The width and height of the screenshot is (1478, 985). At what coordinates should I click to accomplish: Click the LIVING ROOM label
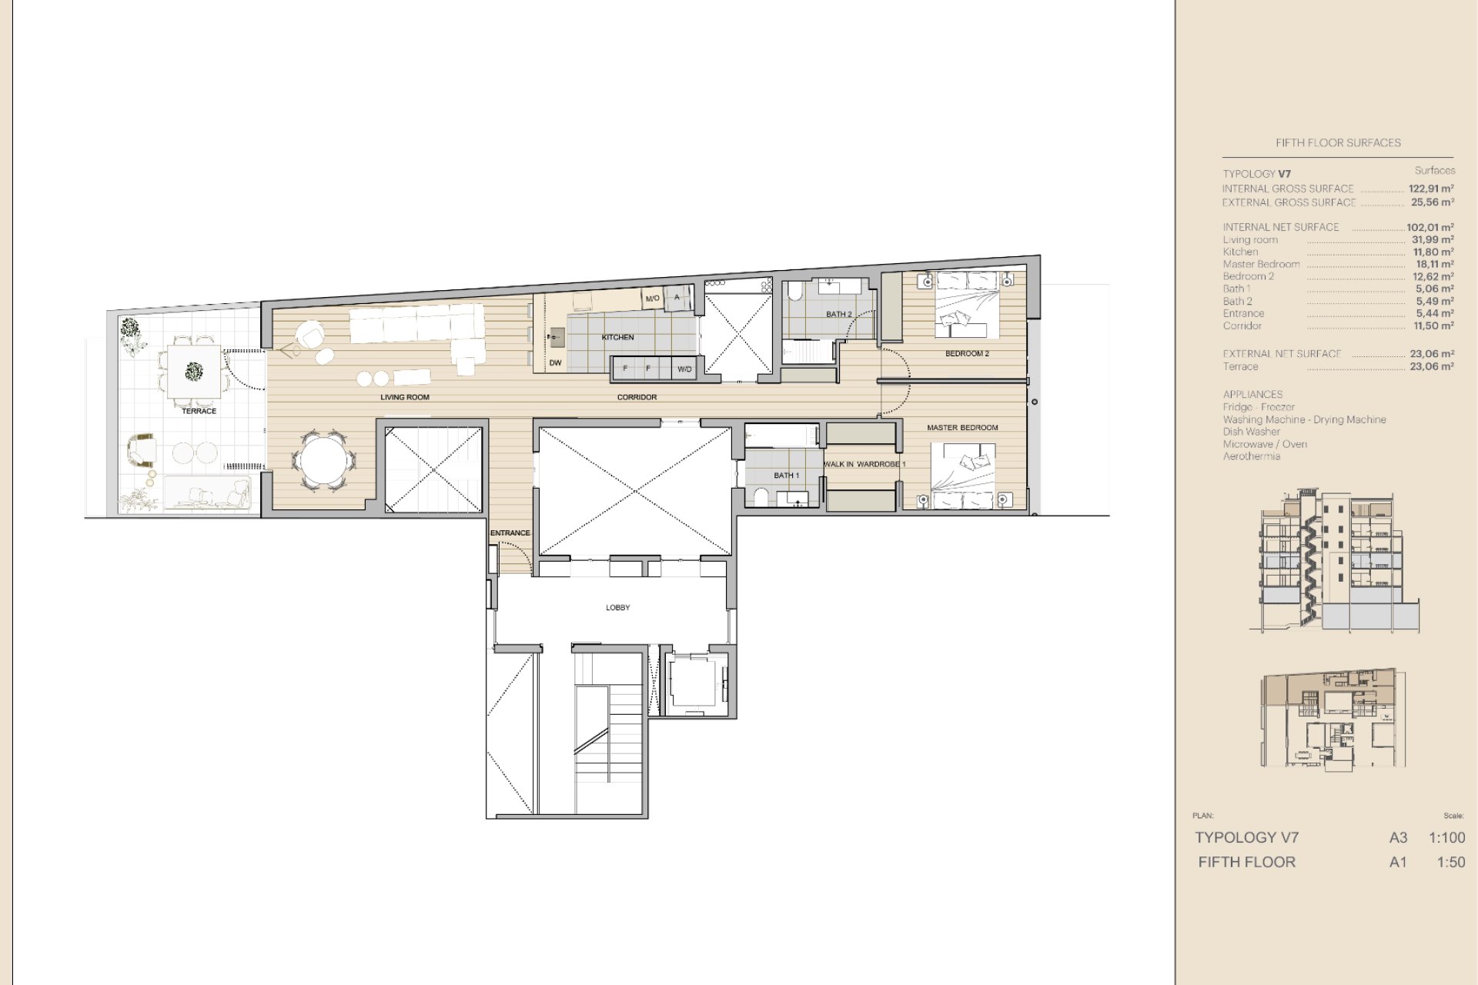[404, 397]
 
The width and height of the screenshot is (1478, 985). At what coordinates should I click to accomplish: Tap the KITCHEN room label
[617, 337]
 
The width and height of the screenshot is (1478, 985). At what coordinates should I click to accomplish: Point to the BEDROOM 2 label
[967, 354]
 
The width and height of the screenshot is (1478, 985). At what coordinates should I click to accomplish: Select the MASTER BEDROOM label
[962, 428]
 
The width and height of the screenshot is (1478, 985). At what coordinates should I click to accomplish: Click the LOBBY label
[617, 608]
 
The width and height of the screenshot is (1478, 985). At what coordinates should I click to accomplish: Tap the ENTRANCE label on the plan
[510, 533]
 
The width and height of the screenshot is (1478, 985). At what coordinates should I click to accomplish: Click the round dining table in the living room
[323, 460]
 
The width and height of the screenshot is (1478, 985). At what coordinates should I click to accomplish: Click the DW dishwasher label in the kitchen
[555, 363]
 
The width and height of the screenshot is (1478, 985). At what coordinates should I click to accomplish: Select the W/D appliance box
[684, 369]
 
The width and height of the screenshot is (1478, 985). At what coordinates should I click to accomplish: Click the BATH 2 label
[838, 314]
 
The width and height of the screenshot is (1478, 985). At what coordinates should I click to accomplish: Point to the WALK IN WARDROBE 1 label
[864, 465]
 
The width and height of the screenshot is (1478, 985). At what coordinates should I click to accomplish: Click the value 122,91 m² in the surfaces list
[1431, 189]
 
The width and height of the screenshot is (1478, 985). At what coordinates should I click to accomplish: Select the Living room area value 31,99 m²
[1433, 239]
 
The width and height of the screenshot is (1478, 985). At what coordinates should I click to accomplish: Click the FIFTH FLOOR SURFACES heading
[1338, 142]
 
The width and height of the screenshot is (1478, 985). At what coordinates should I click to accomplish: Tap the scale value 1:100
[1446, 838]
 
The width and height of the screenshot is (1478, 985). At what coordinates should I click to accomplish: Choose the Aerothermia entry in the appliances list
[1251, 456]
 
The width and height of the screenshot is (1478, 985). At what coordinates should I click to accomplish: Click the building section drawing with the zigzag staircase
[1334, 560]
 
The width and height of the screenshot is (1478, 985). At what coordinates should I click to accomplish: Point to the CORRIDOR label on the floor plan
[637, 397]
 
